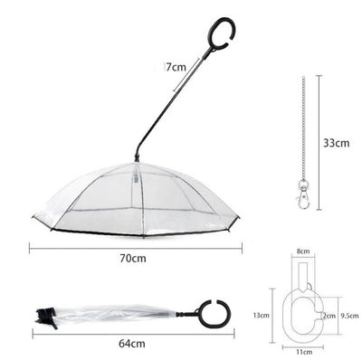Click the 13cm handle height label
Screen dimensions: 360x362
tap(261, 315)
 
